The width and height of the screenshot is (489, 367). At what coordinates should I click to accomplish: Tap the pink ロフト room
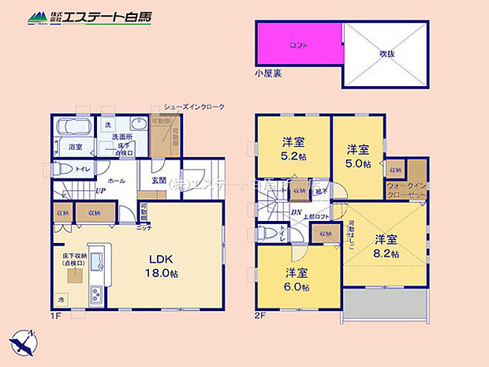pyautogui.click(x=299, y=45)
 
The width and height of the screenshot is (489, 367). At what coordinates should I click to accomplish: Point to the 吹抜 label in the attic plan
pyautogui.click(x=386, y=54)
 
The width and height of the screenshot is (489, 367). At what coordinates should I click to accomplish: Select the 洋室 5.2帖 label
pyautogui.click(x=293, y=150)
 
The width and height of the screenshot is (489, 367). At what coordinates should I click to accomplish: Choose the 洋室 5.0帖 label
pyautogui.click(x=358, y=156)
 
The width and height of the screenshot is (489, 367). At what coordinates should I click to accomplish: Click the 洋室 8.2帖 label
pyautogui.click(x=386, y=246)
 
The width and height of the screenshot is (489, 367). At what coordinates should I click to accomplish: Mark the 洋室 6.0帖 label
pyautogui.click(x=297, y=281)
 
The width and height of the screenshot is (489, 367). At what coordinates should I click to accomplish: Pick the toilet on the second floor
pyautogui.click(x=266, y=234)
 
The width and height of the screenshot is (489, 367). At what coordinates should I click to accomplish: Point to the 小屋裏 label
pyautogui.click(x=268, y=73)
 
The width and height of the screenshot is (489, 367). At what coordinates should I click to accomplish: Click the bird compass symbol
pyautogui.click(x=23, y=345)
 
